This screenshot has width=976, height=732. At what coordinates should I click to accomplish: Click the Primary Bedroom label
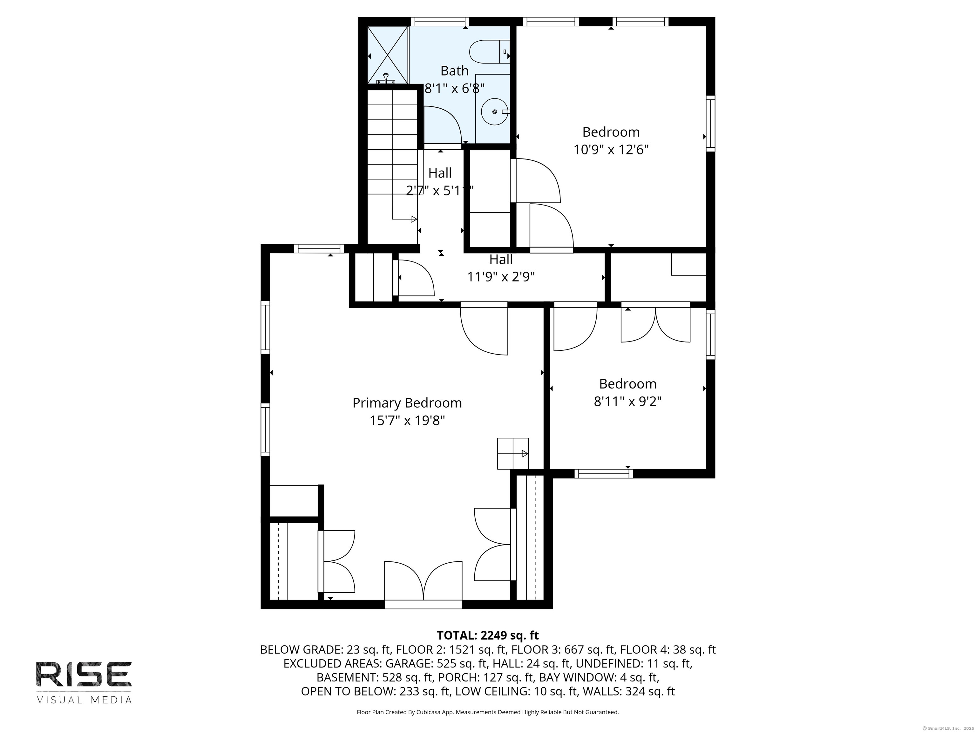407,403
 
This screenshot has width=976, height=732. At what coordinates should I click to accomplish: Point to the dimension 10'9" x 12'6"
611,150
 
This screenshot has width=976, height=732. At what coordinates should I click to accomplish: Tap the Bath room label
454,71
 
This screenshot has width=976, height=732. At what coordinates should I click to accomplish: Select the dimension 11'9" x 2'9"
501,277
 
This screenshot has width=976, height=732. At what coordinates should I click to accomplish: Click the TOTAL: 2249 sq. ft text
488,635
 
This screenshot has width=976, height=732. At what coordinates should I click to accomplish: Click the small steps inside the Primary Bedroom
513,454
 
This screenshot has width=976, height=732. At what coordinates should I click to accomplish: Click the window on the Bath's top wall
439,22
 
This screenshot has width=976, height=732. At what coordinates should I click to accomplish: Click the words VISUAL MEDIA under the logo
84,700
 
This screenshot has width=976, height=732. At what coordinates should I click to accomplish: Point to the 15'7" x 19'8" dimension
407,421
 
